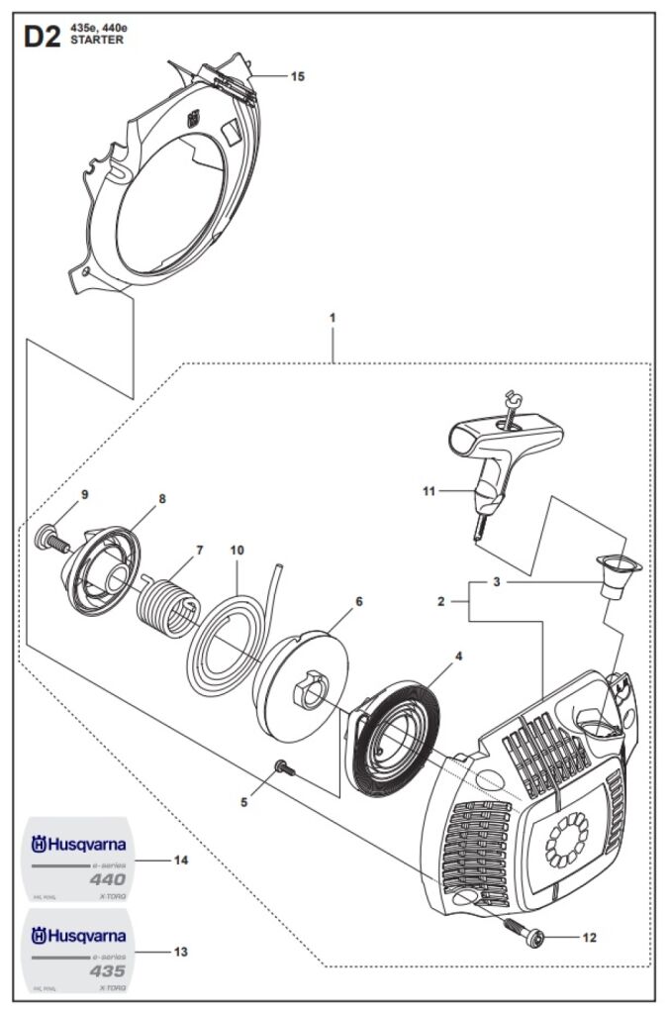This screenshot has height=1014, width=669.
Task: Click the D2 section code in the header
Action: tap(42, 38)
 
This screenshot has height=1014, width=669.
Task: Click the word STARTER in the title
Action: tap(97, 41)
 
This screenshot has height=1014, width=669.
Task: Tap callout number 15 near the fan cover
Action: tap(297, 76)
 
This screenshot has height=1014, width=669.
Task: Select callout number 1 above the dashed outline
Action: tap(333, 318)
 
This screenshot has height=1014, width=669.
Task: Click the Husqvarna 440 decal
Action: tap(79, 860)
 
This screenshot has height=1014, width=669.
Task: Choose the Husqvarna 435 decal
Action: tap(79, 950)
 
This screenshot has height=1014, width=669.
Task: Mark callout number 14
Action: tap(180, 860)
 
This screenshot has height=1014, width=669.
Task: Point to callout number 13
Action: tap(180, 952)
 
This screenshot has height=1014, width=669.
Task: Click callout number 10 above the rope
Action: tap(237, 550)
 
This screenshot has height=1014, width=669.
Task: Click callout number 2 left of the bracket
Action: tap(441, 601)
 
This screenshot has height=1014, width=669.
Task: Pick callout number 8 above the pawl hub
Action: tap(161, 499)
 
